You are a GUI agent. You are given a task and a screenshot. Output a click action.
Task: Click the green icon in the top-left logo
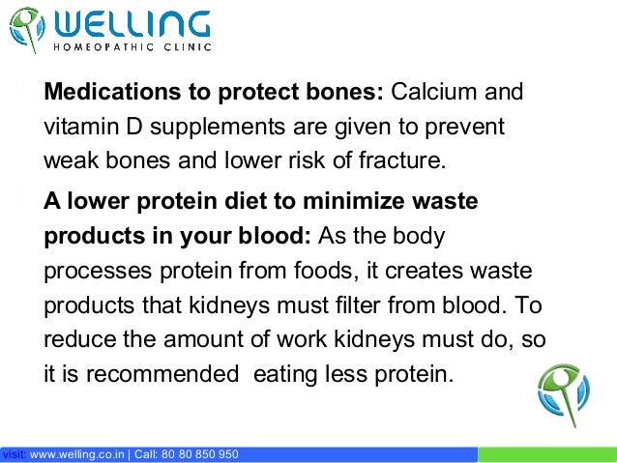pos(27,29)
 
